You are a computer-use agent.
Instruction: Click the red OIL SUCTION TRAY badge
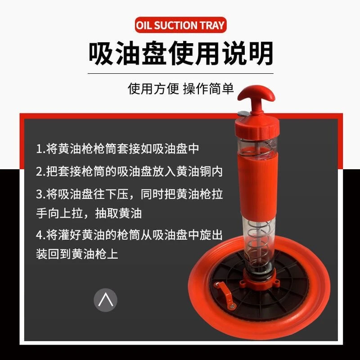[x=180, y=25]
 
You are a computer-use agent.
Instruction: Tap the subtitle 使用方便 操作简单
[x=180, y=88]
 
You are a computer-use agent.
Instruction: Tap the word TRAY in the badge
[x=211, y=25]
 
